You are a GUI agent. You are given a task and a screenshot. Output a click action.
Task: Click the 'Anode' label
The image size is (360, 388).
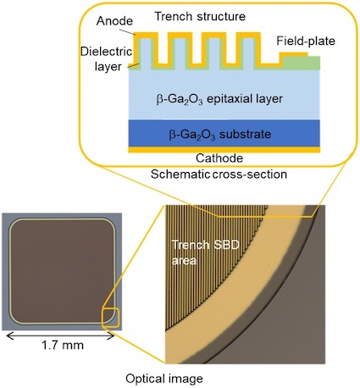point(114,21)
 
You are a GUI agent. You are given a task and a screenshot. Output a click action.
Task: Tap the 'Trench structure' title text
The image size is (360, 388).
point(200,16)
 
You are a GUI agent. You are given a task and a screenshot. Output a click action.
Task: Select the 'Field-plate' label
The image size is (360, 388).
point(306,41)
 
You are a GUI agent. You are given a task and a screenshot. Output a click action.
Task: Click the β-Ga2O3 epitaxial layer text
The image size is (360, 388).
point(219,99)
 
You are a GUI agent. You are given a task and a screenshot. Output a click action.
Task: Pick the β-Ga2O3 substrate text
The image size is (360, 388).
point(220,134)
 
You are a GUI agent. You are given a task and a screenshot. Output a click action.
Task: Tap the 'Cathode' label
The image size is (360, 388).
point(219,158)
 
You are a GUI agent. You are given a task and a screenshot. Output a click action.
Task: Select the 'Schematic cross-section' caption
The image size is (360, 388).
point(219,175)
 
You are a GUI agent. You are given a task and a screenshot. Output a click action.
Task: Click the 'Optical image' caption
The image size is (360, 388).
point(164,379)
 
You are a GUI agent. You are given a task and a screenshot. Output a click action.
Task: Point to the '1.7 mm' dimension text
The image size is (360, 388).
point(63,345)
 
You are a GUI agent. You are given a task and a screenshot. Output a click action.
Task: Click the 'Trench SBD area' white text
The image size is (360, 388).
point(206,252)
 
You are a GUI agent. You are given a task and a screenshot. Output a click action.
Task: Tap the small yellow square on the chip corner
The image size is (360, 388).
point(111,318)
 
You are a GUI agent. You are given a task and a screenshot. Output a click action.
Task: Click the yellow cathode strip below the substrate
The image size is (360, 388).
point(224,149)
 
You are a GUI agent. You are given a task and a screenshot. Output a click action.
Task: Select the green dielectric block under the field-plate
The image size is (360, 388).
point(302,63)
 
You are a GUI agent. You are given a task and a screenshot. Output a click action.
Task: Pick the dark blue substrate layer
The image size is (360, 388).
point(224,133)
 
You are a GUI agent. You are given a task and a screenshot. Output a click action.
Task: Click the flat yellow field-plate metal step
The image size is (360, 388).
point(294,54)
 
